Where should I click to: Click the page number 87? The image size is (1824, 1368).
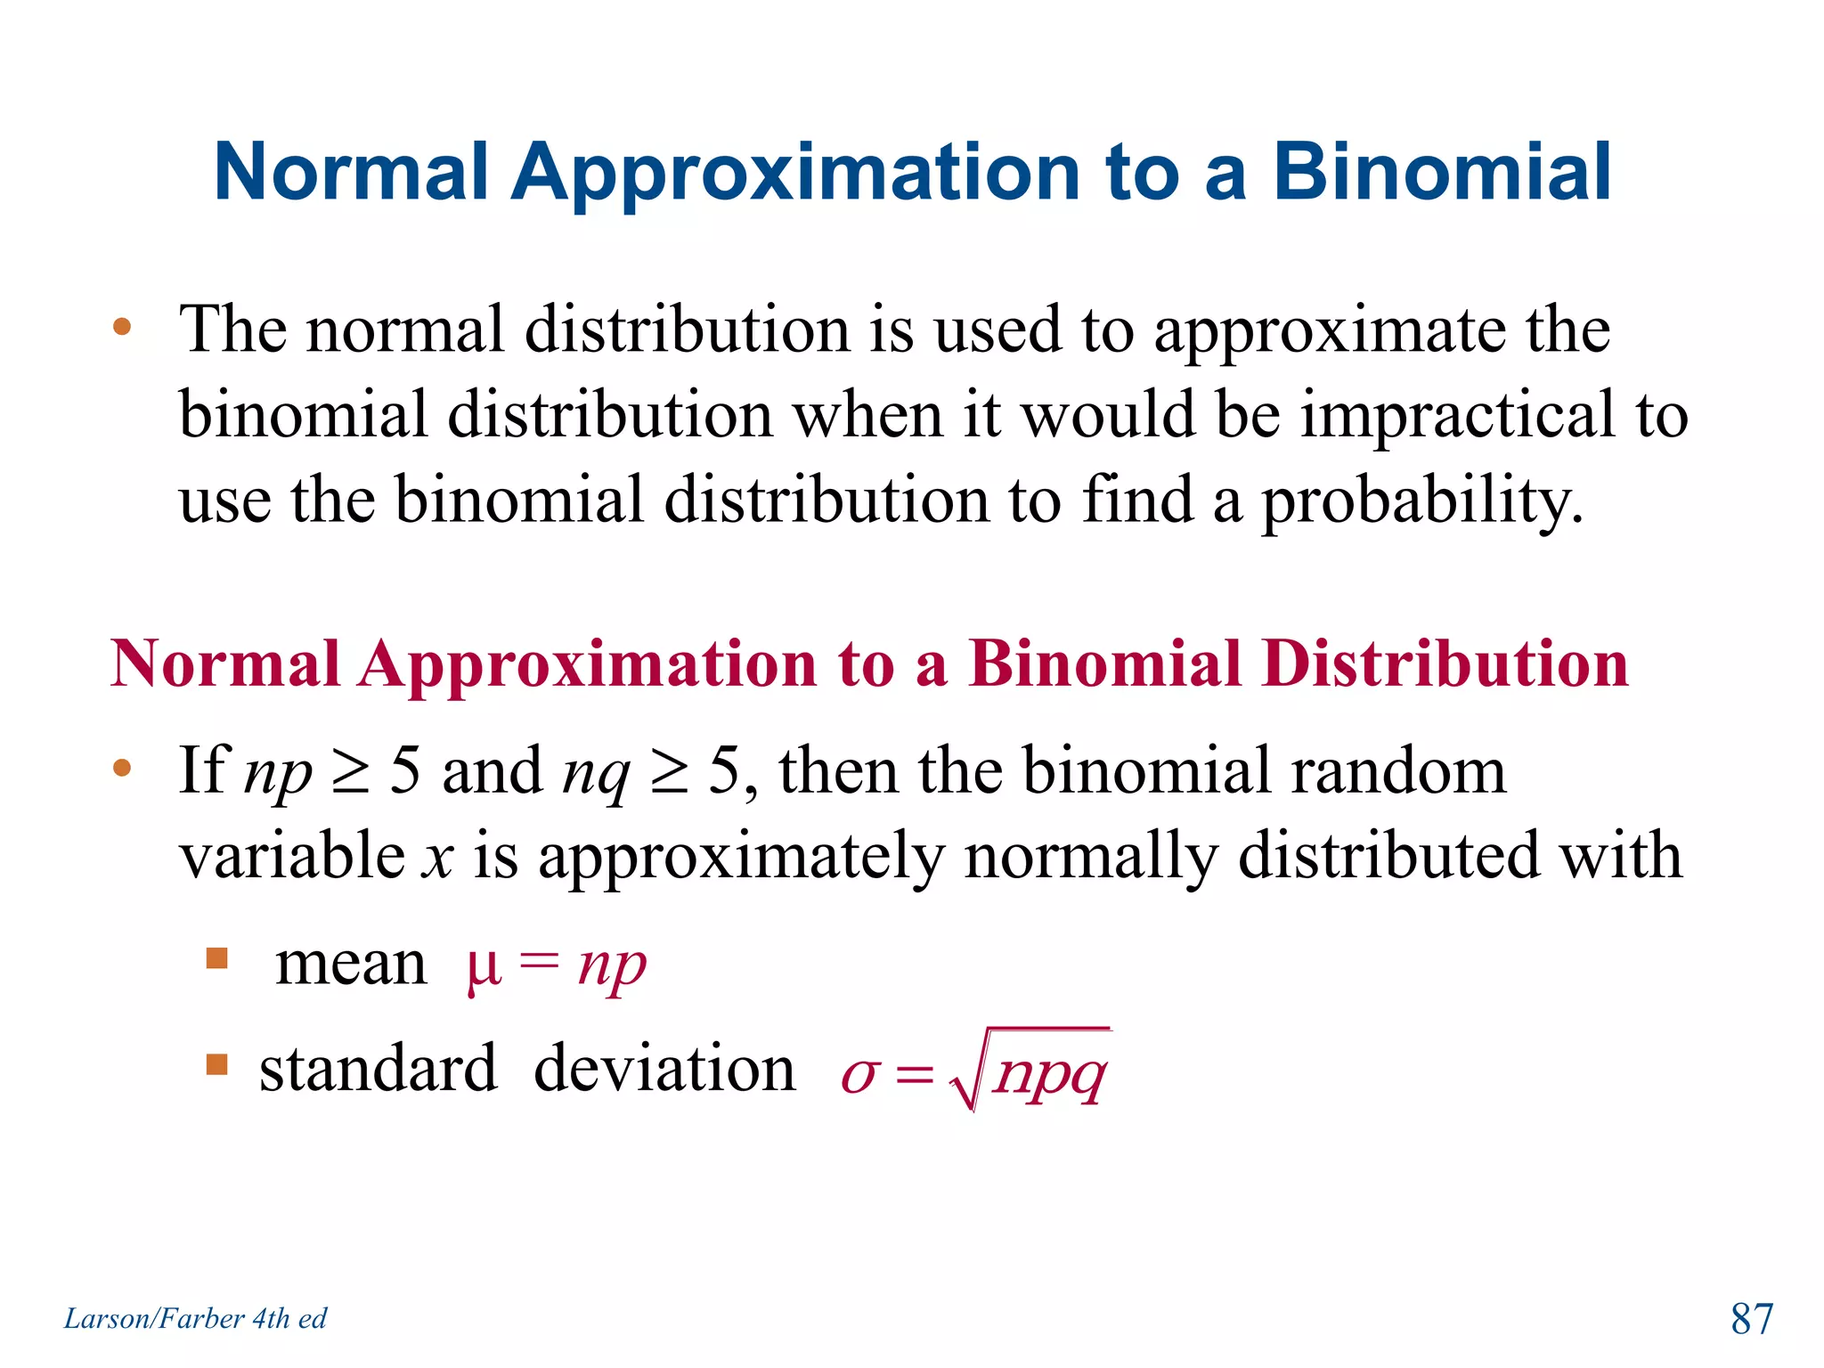click(1751, 1318)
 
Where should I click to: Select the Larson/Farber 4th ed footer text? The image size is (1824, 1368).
click(195, 1318)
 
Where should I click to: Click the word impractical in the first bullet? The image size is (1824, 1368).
click(1457, 415)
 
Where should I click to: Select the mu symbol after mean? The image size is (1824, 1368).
click(484, 967)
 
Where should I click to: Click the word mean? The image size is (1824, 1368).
click(351, 965)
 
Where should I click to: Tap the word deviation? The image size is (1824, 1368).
click(664, 1068)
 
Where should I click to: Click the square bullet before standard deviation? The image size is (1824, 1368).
click(216, 1064)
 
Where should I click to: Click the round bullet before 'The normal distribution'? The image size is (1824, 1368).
click(122, 328)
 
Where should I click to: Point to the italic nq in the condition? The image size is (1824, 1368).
click(596, 773)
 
